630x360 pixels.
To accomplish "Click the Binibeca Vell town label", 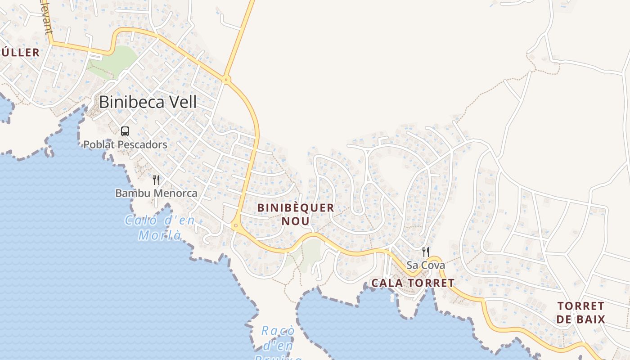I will pos(148,102).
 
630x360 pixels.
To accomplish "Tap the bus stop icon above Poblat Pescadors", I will pos(125,131).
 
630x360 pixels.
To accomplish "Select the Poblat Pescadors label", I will pos(125,144).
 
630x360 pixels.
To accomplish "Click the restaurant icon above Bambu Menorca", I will pos(156,180).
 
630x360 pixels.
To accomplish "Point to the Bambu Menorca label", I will pos(156,193).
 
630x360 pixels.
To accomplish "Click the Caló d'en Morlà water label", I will pos(160,228).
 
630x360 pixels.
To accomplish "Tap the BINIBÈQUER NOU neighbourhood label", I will pos(296,214).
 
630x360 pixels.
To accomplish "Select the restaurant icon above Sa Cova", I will pos(425,252).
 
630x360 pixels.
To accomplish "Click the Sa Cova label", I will pos(426,265).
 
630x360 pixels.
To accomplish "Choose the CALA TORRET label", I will pos(413,283).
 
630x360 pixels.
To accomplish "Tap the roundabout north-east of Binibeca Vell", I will pos(226,80).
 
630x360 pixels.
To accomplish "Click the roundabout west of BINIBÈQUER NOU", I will pos(235,225).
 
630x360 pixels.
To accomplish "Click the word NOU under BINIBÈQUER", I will pos(296,221).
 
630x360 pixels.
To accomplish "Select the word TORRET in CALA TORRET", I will pos(432,283).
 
